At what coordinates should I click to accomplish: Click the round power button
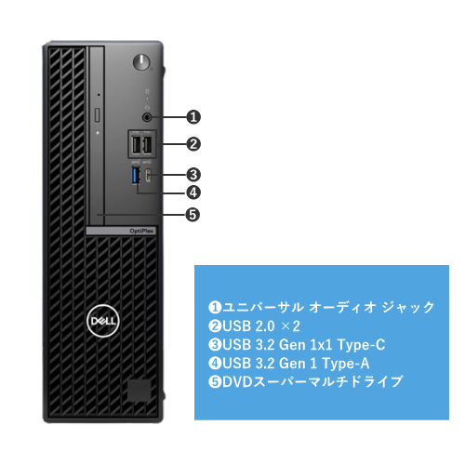(x=141, y=62)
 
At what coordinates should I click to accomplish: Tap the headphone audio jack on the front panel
(x=147, y=117)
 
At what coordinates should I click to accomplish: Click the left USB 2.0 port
(x=136, y=145)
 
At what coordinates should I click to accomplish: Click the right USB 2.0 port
(x=148, y=145)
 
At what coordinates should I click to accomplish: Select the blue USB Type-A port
(x=136, y=175)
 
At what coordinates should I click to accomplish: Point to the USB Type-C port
(x=149, y=175)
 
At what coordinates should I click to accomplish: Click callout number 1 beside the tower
(x=193, y=117)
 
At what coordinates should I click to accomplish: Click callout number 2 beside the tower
(x=193, y=144)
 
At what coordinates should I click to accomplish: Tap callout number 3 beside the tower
(x=193, y=175)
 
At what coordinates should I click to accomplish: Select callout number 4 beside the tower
(x=193, y=193)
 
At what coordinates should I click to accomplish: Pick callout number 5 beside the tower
(x=193, y=215)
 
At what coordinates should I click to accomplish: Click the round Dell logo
(x=103, y=321)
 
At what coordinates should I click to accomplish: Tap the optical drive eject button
(x=98, y=115)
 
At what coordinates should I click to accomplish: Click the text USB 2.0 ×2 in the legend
(x=261, y=326)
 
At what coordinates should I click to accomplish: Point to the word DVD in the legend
(x=237, y=381)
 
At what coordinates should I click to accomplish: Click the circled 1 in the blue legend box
(x=215, y=307)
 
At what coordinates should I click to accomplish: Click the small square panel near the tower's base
(x=139, y=390)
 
